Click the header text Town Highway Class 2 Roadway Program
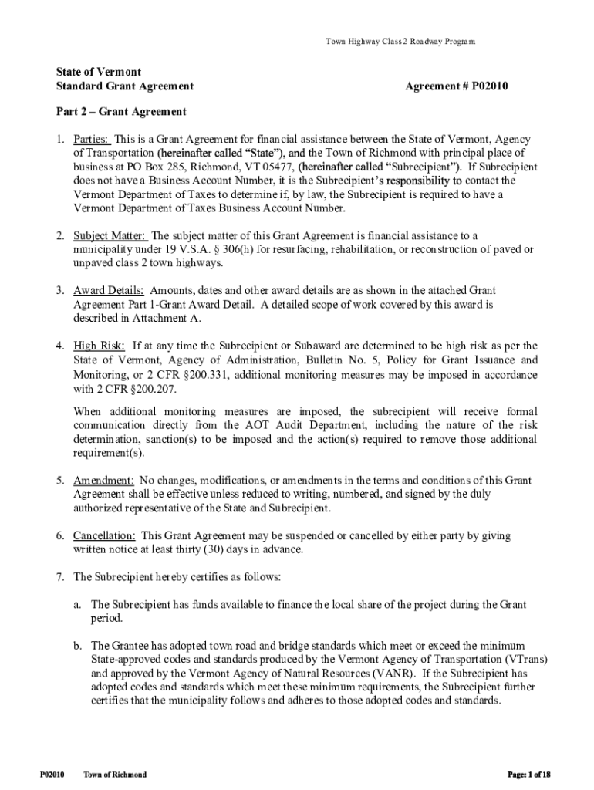click(x=402, y=42)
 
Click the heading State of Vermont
click(x=98, y=72)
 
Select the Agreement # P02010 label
click(x=457, y=86)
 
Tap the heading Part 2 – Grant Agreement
click(x=121, y=112)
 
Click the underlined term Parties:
click(x=92, y=140)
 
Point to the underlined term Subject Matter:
click(x=110, y=235)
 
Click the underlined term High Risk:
click(x=99, y=346)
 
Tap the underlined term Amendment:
click(x=104, y=481)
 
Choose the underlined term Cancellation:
click(x=106, y=535)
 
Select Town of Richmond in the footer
click(x=115, y=774)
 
